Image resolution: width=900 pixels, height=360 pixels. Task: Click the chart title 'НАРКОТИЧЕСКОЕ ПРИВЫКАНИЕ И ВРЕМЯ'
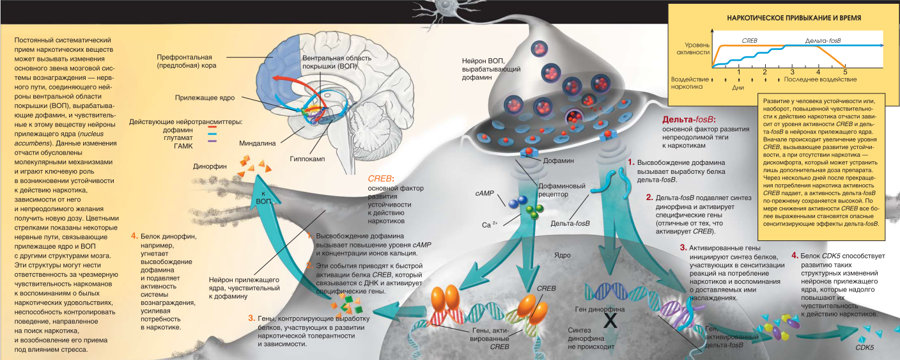(775, 18)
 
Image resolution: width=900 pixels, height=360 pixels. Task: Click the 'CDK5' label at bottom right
(864, 348)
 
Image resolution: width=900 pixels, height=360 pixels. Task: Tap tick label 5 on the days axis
(845, 72)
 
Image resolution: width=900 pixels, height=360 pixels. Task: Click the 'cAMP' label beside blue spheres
(483, 192)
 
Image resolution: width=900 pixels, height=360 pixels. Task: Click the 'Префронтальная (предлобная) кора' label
(186, 61)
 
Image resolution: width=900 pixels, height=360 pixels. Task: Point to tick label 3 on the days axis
(792, 72)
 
